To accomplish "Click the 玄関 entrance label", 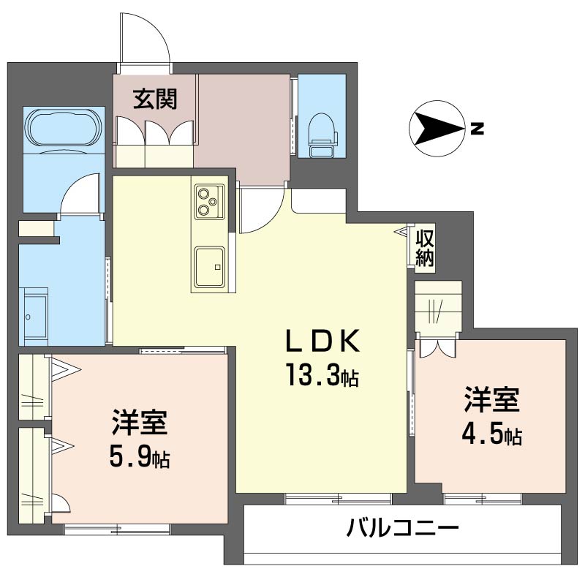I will (154, 99).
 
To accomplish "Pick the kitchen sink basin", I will (209, 263).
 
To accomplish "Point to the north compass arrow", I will (436, 129).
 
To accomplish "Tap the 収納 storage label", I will (424, 248).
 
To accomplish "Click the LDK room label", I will (322, 341).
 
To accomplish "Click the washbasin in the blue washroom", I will (34, 315).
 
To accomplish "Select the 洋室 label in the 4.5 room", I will (491, 401).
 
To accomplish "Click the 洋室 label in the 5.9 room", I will (140, 423).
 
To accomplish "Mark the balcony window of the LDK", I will (338, 499).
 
